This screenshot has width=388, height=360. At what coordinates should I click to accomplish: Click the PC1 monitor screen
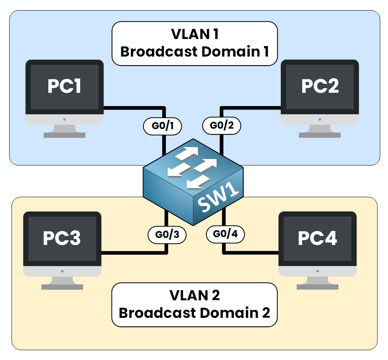pos(64,87)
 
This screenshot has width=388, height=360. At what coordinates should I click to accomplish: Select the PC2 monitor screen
pos(320,87)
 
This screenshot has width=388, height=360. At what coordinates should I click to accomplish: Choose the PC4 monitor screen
pos(317,238)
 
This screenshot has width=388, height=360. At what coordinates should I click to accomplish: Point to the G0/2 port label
pos(221,126)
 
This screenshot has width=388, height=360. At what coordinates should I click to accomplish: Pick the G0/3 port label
pos(167,235)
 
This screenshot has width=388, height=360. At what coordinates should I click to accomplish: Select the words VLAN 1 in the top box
pos(195,34)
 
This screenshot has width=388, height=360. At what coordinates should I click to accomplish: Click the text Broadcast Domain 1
pos(195,51)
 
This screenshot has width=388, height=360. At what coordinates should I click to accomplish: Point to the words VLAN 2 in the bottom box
pos(195,296)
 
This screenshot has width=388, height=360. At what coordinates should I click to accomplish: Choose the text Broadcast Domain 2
pos(195,313)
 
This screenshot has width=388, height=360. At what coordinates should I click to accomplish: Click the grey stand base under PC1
pos(64,135)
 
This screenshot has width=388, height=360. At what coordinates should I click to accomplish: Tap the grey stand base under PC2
pos(320,135)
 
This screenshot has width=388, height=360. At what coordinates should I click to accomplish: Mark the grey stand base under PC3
pos(62,287)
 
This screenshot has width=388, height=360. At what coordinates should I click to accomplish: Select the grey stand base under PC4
pos(317,287)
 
